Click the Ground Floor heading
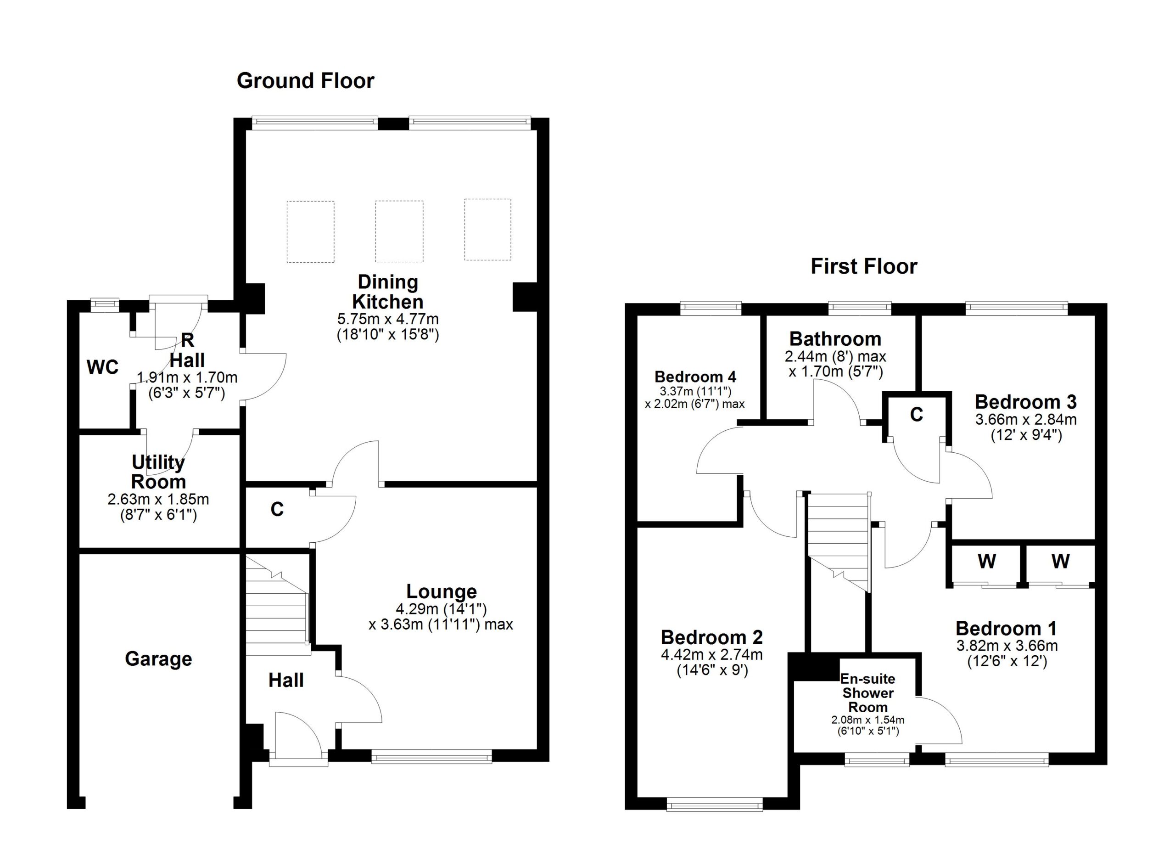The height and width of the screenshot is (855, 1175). click(x=305, y=81)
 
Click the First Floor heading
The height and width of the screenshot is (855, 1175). click(x=864, y=266)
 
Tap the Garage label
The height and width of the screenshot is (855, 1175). click(x=158, y=659)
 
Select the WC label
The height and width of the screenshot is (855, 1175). click(x=102, y=367)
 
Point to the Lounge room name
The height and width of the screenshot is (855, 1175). click(x=442, y=591)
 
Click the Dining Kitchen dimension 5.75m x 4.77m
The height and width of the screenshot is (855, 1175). click(x=388, y=319)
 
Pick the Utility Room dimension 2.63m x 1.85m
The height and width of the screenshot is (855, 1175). click(x=158, y=500)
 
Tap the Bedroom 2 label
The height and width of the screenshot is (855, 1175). click(x=712, y=637)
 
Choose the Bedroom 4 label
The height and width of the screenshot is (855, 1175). click(x=695, y=376)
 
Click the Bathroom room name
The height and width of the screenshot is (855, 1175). click(x=835, y=339)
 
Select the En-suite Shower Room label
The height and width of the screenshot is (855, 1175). click(x=868, y=693)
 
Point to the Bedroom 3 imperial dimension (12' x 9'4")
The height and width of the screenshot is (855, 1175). click(x=1026, y=435)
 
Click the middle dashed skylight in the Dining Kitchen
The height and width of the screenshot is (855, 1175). click(x=399, y=231)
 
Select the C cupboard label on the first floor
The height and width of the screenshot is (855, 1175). click(x=917, y=415)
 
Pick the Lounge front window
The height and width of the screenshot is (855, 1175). click(x=431, y=758)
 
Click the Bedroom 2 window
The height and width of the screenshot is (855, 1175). click(x=715, y=805)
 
